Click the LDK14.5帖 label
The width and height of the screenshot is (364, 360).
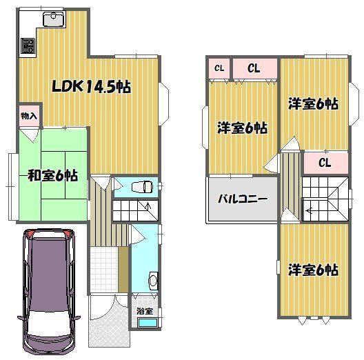point(91,87)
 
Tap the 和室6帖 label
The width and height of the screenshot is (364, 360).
point(52,176)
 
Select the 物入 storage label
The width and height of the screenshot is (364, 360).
point(29,116)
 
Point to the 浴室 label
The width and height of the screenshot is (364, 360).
point(145,311)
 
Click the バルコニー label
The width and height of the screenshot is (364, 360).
point(243,199)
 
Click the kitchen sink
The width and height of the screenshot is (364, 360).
point(54,19)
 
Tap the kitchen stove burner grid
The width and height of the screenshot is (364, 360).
point(28,46)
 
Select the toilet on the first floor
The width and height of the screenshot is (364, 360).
point(141,186)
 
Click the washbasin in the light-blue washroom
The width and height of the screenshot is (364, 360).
point(153,281)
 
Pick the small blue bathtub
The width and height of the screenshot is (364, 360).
point(148,323)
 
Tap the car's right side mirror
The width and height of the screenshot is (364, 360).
point(77,317)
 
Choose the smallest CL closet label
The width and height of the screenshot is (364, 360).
point(219,68)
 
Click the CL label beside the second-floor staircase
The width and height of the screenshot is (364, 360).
point(325,163)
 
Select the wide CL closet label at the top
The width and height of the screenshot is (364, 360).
point(254,68)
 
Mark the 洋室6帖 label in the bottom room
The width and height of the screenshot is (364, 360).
point(313,270)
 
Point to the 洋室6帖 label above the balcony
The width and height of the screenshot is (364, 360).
point(242,128)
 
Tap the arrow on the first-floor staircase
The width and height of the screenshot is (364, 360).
point(148,206)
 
